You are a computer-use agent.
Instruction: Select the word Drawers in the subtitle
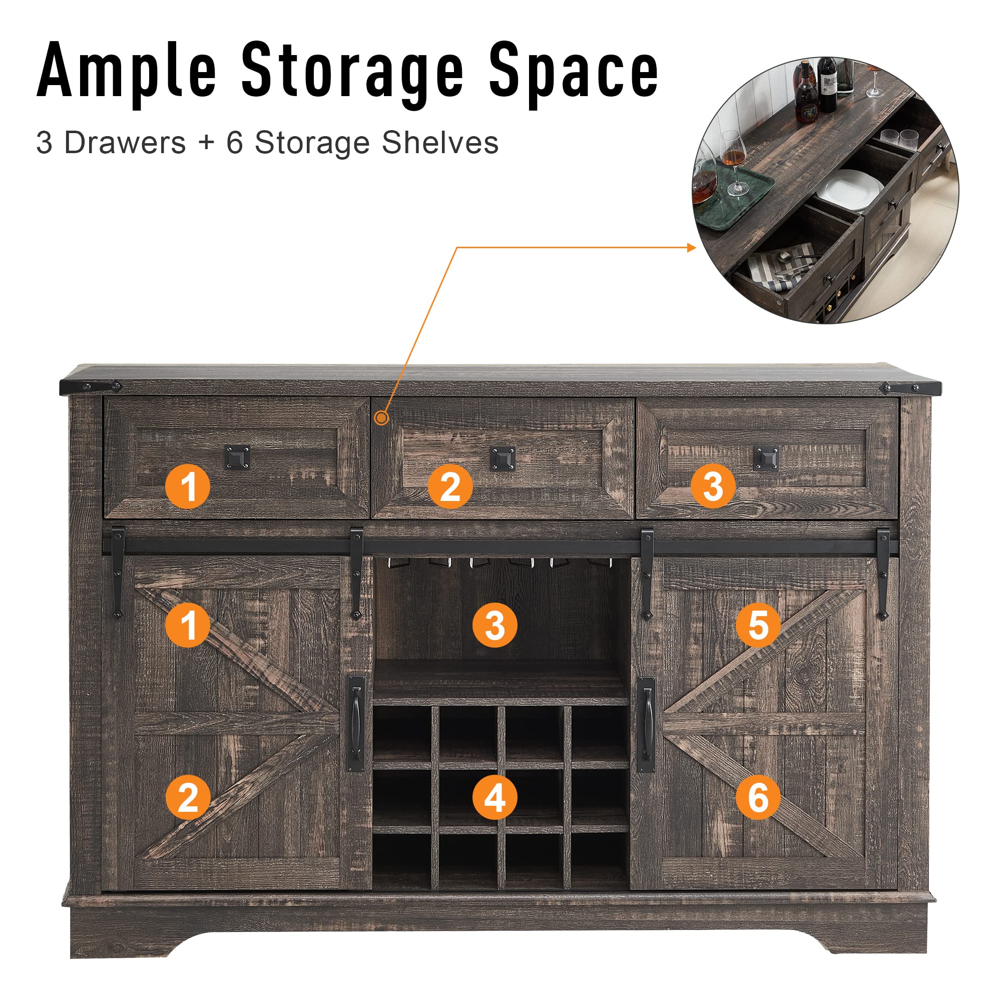125,143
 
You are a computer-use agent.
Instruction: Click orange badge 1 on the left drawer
188,486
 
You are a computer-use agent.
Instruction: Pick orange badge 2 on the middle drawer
450,486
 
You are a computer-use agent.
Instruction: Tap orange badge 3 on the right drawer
713,486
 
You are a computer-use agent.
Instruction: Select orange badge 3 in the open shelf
495,625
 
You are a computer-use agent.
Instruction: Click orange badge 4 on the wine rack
495,797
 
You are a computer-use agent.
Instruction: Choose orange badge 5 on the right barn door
758,625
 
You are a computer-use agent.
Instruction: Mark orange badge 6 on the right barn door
758,797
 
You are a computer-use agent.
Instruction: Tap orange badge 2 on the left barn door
188,797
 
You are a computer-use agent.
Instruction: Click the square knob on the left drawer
237,457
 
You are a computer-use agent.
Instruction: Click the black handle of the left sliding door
355,724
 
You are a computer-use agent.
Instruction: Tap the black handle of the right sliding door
646,724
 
